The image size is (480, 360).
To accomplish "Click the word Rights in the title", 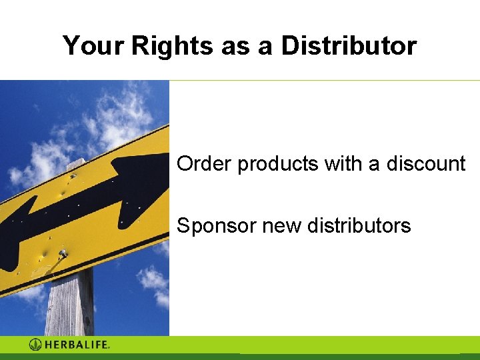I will point(171,46).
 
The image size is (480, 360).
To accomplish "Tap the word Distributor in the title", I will point(349,46).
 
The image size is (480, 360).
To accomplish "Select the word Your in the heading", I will point(94,46).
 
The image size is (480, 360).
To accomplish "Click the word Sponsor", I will point(216,226).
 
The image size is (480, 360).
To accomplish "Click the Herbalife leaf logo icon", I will point(36,345).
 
